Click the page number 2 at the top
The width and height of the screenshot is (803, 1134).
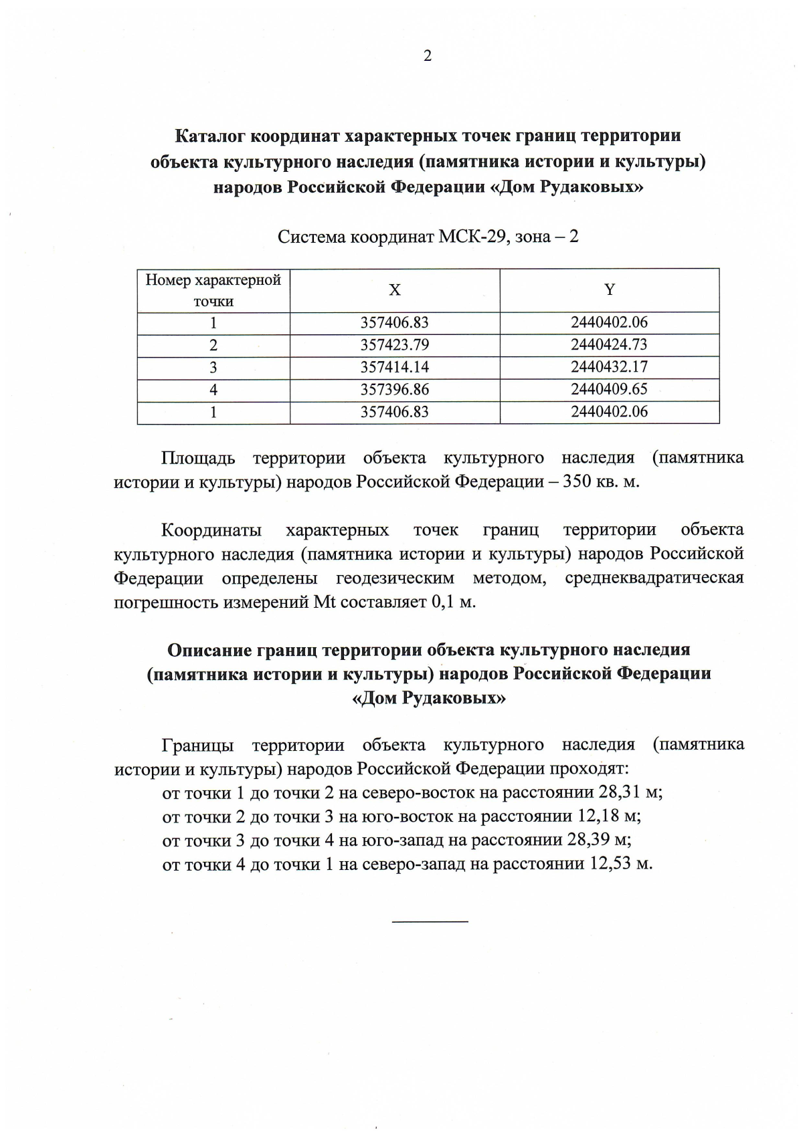(428, 56)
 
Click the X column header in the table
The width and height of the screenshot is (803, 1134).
(395, 290)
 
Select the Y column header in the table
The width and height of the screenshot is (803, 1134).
(609, 290)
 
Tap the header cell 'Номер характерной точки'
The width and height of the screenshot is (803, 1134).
(213, 290)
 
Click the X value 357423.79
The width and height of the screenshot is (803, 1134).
(394, 345)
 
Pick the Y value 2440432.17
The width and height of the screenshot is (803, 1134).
(609, 367)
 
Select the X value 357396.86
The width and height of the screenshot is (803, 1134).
(394, 390)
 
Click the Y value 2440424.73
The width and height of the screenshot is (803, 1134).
(609, 345)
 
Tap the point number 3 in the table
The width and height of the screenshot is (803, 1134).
(213, 368)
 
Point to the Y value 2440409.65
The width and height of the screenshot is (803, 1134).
(609, 389)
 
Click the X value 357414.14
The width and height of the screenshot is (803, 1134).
(394, 367)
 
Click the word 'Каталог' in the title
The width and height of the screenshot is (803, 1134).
(209, 136)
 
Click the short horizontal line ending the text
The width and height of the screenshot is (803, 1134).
(430, 923)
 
